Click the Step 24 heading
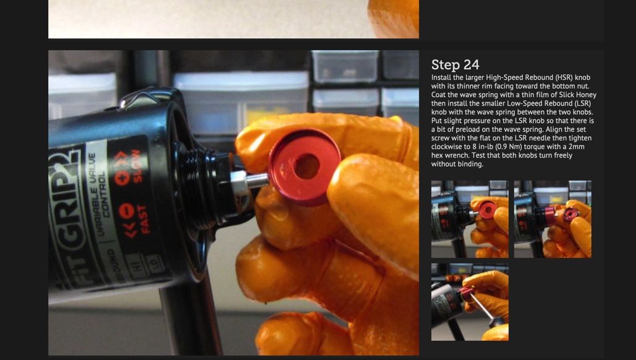click(455, 64)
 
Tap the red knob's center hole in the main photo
click(307, 166)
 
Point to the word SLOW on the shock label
click(136, 166)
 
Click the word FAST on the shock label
click(145, 220)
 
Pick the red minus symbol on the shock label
click(127, 211)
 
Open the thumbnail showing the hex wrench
click(470, 302)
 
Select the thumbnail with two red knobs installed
click(553, 219)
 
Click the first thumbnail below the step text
click(470, 219)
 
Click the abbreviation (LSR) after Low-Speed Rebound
click(581, 103)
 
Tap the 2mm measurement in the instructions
click(577, 147)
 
